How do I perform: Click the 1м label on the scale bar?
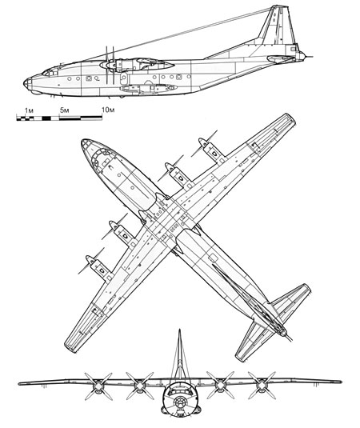[x=29, y=110]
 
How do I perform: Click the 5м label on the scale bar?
[x=65, y=110]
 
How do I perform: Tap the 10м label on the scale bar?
[x=108, y=110]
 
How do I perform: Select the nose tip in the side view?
[x=24, y=82]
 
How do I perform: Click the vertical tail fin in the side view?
[x=278, y=25]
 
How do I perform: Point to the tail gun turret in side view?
[x=301, y=56]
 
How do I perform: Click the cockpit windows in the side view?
[x=49, y=72]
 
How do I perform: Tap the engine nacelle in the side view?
[x=137, y=65]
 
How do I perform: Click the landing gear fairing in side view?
[x=148, y=88]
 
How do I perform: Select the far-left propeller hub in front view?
[x=98, y=386]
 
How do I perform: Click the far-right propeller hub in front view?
[x=262, y=385]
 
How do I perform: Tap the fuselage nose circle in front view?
[x=179, y=402]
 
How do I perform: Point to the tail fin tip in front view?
[x=179, y=330]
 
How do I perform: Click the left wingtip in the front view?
[x=20, y=383]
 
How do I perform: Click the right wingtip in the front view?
[x=340, y=382]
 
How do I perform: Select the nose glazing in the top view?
[x=96, y=154]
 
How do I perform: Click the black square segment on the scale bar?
[x=46, y=118]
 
